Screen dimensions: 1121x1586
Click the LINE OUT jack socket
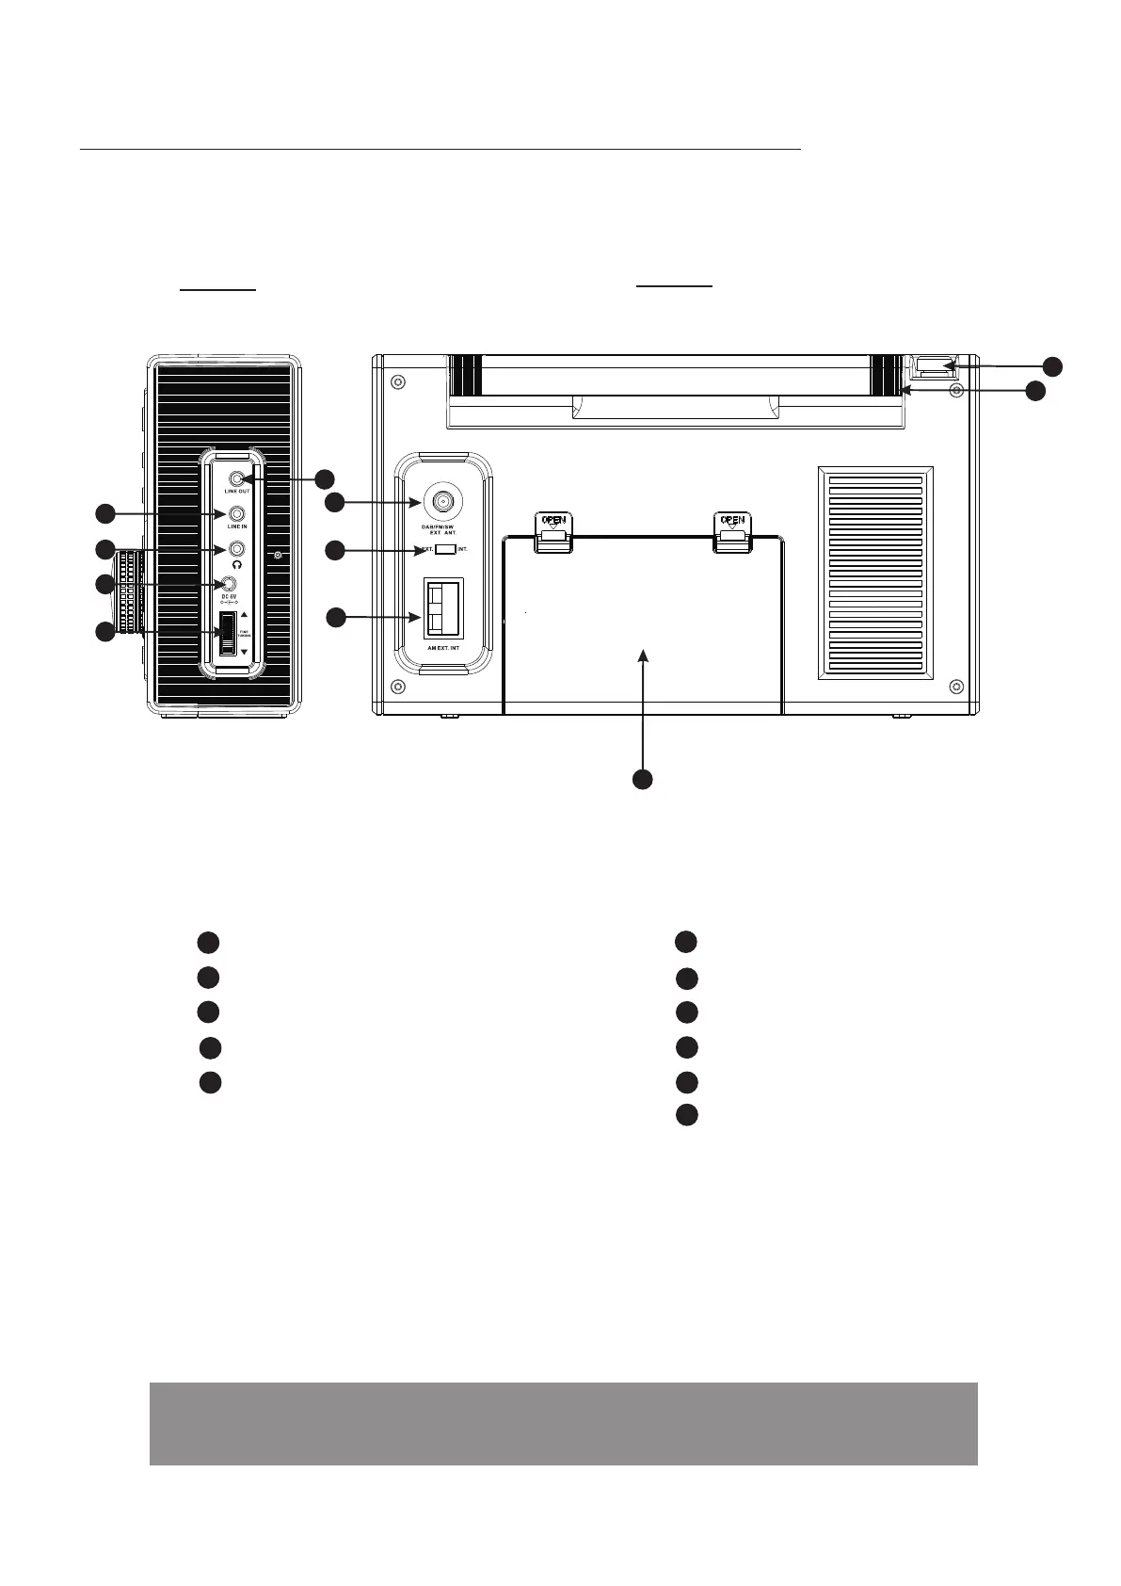click(x=237, y=478)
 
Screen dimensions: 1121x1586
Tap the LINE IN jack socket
click(x=237, y=514)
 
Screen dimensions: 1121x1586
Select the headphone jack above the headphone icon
click(x=237, y=549)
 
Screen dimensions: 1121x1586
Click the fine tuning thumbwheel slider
click(x=228, y=633)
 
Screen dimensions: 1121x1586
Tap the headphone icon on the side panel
click(x=237, y=565)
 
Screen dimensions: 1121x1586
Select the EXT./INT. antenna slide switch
click(x=445, y=549)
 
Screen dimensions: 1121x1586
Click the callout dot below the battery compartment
click(x=642, y=779)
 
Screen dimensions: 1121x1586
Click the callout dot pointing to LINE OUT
click(x=324, y=477)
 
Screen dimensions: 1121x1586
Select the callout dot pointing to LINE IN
click(x=104, y=513)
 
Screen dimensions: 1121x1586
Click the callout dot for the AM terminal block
click(x=337, y=618)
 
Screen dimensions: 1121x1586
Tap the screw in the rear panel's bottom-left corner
click(x=397, y=685)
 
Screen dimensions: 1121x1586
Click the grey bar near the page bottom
click(x=563, y=1423)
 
